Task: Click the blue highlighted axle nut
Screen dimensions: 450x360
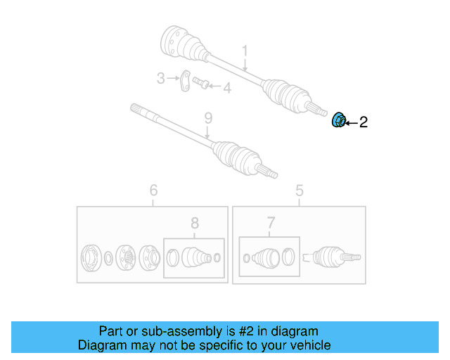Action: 338,121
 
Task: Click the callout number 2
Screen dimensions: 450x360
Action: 363,122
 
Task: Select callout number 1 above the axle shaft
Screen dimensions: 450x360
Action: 245,51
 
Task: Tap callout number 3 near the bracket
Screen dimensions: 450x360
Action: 160,78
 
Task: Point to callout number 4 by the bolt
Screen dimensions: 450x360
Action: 226,88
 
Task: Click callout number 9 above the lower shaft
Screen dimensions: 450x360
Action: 207,117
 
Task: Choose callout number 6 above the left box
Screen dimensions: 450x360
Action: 153,190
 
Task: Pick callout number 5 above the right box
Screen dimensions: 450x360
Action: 299,190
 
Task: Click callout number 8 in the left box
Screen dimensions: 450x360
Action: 195,224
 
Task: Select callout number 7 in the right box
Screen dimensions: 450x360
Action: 271,224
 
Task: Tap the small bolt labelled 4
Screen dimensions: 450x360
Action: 200,84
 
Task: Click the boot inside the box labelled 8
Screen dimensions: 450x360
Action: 195,257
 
